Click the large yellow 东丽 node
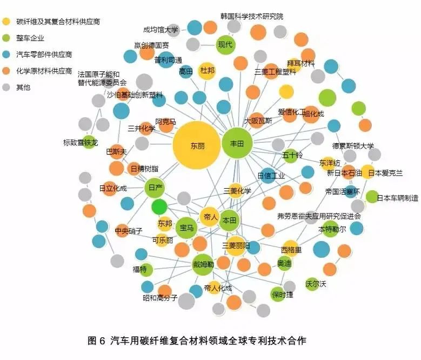tap(197, 146)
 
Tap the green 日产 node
tap(155, 188)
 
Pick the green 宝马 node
tap(187, 228)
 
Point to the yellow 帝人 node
tap(210, 217)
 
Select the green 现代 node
tap(225, 44)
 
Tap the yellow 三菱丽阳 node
tap(236, 246)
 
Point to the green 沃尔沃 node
tap(312, 283)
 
